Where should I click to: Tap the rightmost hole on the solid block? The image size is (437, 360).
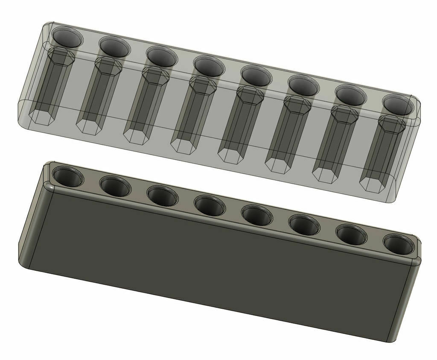[399, 244]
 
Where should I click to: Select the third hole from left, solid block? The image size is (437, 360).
[162, 196]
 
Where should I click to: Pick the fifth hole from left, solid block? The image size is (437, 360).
[257, 215]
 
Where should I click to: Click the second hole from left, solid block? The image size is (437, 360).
[115, 186]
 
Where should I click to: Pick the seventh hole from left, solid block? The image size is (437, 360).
[351, 234]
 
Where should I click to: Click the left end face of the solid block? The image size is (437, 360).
[34, 222]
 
